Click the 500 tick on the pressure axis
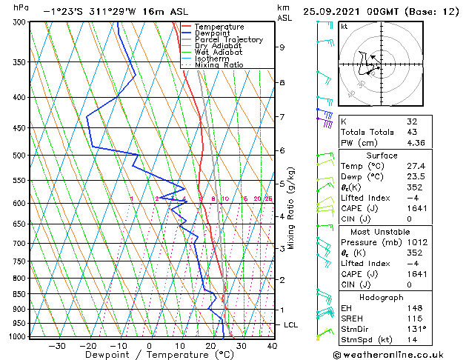coord(20,156)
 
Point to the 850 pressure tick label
coord(20,294)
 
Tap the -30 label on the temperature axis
coord(57,346)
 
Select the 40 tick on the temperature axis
coord(272,346)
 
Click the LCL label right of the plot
coord(291,325)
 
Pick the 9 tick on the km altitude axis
coord(282,47)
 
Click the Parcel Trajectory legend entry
coord(228,39)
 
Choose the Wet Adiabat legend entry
coord(218,53)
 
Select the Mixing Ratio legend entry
coord(219,65)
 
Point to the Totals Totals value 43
coord(412,132)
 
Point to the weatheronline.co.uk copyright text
coord(398,354)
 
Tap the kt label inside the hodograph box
coord(344,27)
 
